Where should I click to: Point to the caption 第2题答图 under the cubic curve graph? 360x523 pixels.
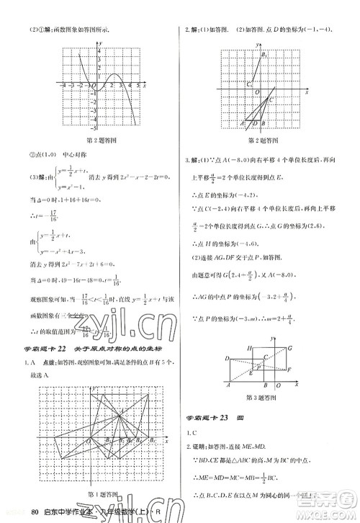(x=102, y=140)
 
